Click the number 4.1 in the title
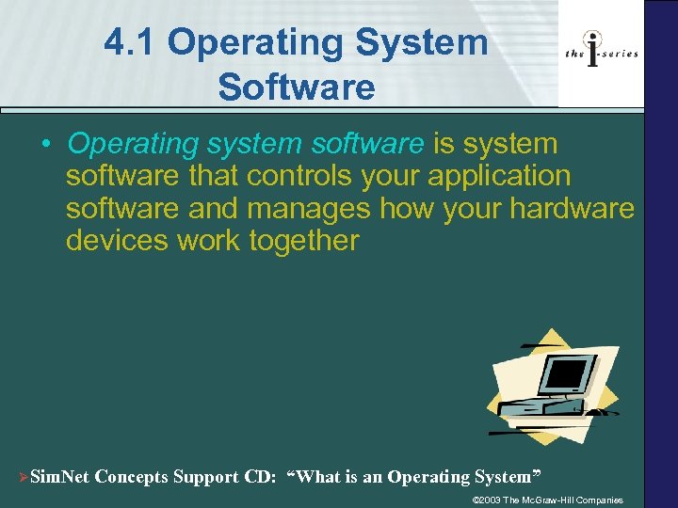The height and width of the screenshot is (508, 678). tap(131, 42)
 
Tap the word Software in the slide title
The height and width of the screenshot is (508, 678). tap(296, 87)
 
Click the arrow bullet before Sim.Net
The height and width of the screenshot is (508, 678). tap(23, 477)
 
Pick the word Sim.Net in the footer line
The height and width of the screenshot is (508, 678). tap(60, 477)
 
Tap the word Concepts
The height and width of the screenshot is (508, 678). tap(131, 477)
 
